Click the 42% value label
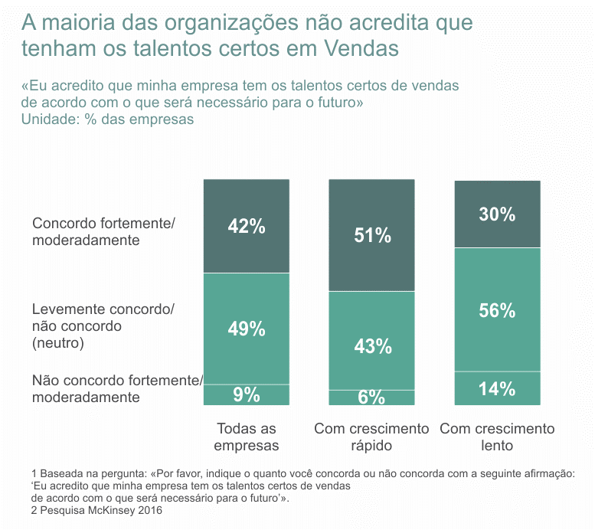[x=247, y=226]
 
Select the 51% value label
[x=373, y=235]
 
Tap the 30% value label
[x=497, y=214]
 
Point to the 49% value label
[x=247, y=329]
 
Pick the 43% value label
[x=373, y=346]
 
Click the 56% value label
[x=497, y=310]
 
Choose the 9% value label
[x=247, y=395]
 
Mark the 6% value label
[x=372, y=397]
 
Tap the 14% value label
[x=497, y=389]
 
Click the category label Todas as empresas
[x=247, y=437]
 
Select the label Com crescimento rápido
[x=372, y=437]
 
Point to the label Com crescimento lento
[x=497, y=437]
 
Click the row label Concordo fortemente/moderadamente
[x=104, y=231]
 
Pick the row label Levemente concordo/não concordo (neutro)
[x=103, y=326]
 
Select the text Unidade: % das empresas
[x=107, y=119]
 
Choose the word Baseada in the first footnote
[x=61, y=475]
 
